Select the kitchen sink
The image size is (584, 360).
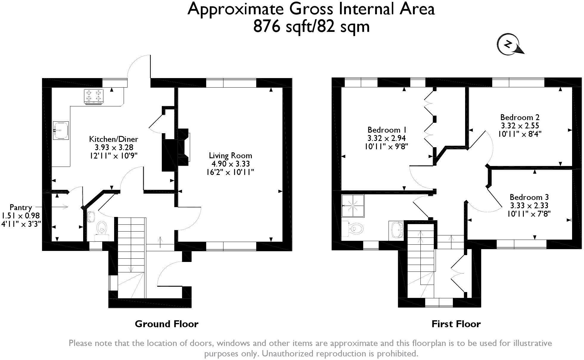[x=61, y=130]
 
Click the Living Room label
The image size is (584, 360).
[x=230, y=155]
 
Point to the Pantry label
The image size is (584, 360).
[x=21, y=207]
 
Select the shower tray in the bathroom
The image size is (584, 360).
[x=353, y=206]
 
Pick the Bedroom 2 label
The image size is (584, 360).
[x=520, y=117]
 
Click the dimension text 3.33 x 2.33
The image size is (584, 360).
[x=529, y=206]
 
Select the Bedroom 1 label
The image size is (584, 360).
[x=387, y=130]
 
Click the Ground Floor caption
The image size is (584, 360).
[x=166, y=324]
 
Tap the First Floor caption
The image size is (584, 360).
[x=456, y=324]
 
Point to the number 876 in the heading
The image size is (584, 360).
[x=267, y=26]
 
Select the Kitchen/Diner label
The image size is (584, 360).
[x=114, y=139]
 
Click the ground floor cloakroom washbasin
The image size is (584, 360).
[x=91, y=217]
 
